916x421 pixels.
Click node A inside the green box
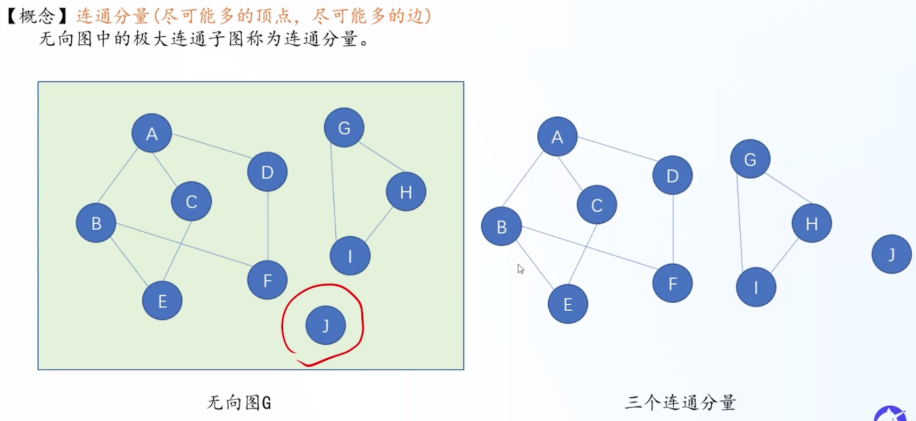click(x=152, y=133)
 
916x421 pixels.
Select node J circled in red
click(x=326, y=325)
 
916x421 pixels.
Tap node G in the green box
click(x=344, y=128)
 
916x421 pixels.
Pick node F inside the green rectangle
click(x=267, y=280)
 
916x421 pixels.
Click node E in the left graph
click(x=162, y=301)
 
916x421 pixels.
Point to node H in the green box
click(x=406, y=192)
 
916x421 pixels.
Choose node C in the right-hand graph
click(x=597, y=205)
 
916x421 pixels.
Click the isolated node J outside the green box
click(x=892, y=254)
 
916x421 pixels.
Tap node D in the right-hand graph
click(x=672, y=175)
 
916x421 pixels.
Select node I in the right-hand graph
click(x=756, y=287)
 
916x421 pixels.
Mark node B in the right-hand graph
click(x=501, y=226)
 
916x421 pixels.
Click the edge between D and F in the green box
click(x=268, y=226)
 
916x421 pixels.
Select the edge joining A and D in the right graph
click(x=617, y=149)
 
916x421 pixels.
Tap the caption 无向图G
click(x=239, y=402)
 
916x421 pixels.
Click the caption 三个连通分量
click(x=680, y=402)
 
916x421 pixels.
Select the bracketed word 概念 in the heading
click(x=37, y=16)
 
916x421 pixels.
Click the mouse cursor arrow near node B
click(x=521, y=269)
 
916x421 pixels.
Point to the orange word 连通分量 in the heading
click(x=113, y=16)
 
